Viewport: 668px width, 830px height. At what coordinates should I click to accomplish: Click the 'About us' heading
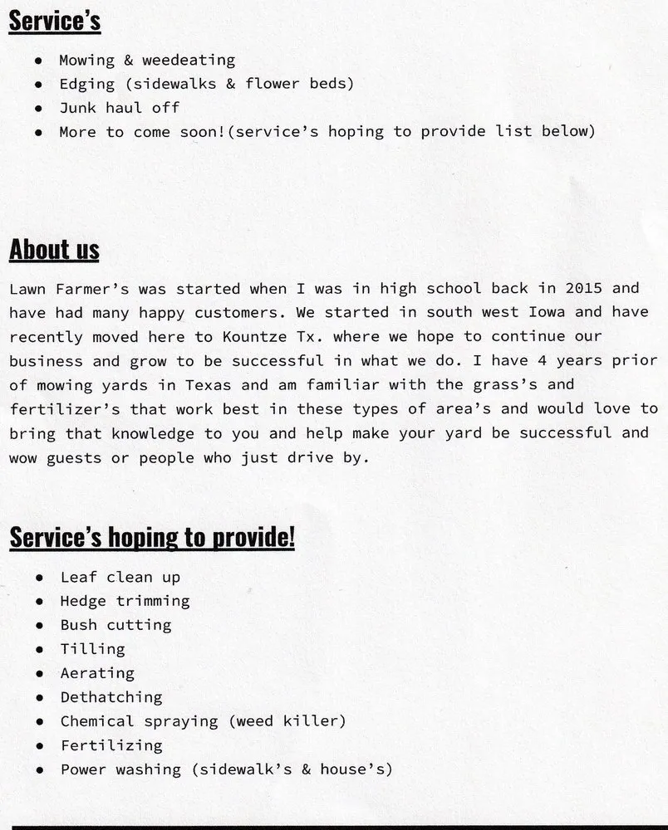[x=54, y=250]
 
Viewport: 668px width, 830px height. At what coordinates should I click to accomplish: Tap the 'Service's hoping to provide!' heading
[x=152, y=538]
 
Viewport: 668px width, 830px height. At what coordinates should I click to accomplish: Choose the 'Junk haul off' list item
[x=119, y=108]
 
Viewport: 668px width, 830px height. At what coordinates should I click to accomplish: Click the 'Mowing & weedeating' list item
[x=147, y=60]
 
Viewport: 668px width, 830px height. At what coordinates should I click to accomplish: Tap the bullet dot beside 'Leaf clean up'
[x=40, y=578]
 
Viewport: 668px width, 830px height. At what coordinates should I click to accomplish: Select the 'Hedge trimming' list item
[x=125, y=601]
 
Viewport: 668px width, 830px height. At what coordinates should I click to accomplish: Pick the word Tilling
[x=92, y=649]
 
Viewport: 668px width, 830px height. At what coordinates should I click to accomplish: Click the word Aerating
[x=97, y=673]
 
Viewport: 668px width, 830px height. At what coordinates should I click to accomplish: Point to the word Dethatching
[x=111, y=697]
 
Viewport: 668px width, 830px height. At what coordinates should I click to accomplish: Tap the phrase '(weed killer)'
[x=287, y=721]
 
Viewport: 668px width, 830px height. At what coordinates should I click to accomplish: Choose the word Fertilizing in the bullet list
[x=111, y=745]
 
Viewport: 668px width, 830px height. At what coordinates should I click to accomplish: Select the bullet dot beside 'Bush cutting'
[x=40, y=626]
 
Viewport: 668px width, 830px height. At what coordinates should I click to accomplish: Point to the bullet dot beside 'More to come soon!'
[x=39, y=133]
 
